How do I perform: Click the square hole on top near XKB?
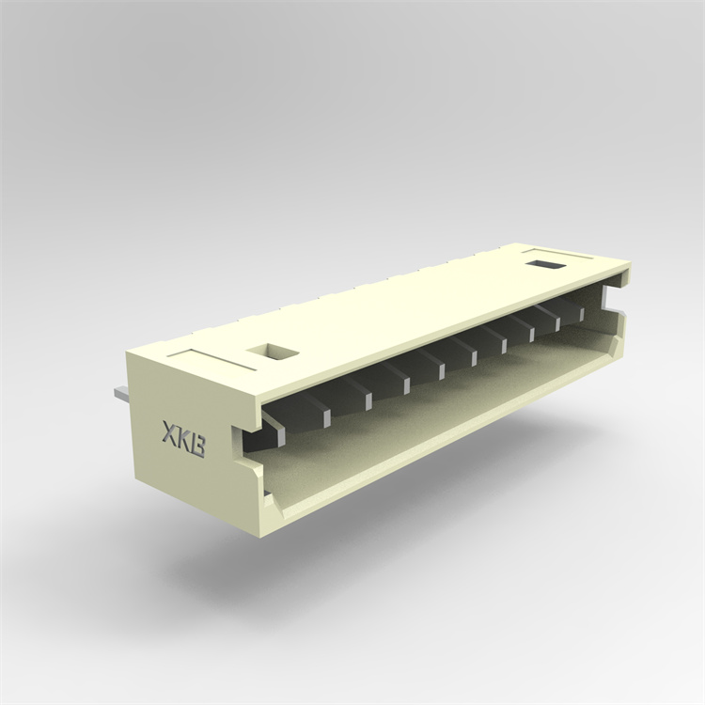point(273,353)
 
